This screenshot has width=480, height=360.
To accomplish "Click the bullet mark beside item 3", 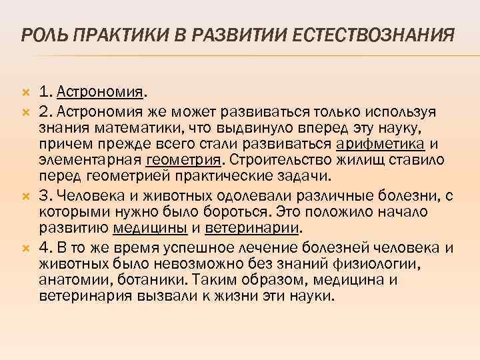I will pyautogui.click(x=26, y=194).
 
